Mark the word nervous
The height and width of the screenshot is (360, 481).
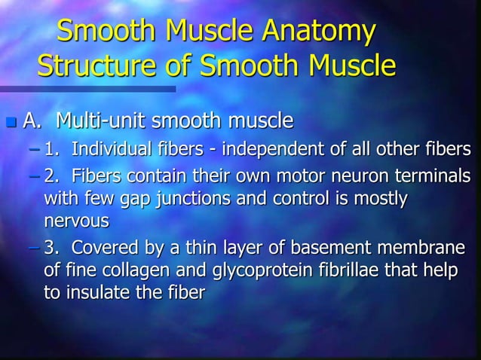pos(77,221)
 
